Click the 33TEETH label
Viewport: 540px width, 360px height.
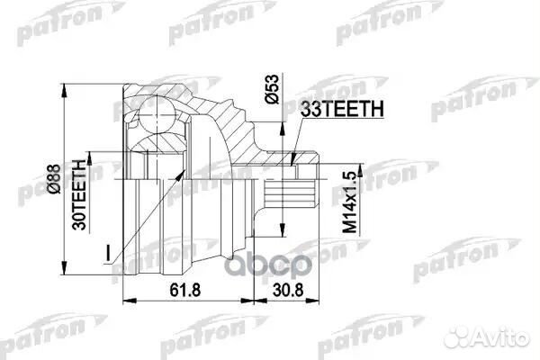click(344, 109)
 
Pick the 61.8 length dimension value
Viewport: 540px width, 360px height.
click(183, 289)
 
